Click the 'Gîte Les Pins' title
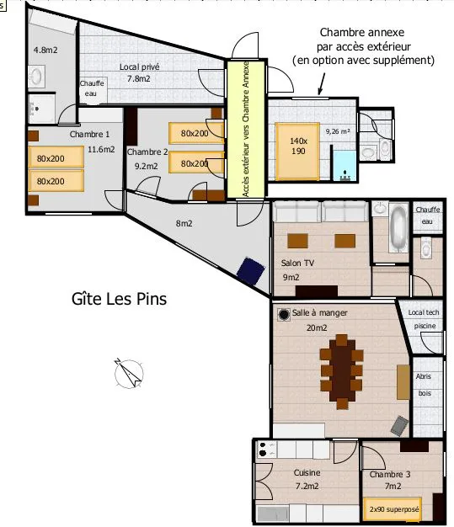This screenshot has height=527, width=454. (119, 299)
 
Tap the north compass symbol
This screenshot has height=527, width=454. (129, 374)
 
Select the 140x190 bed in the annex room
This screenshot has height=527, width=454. (297, 152)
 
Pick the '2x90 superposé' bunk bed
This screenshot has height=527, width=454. (393, 508)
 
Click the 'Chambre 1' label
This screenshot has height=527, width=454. (89, 134)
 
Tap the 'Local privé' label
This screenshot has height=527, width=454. (139, 67)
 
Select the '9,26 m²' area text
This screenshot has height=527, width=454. (337, 131)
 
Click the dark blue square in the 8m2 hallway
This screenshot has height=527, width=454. (251, 271)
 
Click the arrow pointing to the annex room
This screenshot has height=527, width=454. (322, 83)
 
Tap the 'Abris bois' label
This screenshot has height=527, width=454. (424, 385)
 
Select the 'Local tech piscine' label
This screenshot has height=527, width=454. (424, 319)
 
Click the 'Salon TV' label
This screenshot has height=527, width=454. (297, 263)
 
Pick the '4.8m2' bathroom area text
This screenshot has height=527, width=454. (45, 50)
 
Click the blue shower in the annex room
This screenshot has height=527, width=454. (345, 166)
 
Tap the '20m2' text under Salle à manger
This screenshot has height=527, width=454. (317, 327)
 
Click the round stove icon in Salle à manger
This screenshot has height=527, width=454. (284, 314)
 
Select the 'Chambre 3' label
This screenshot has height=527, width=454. (390, 474)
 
